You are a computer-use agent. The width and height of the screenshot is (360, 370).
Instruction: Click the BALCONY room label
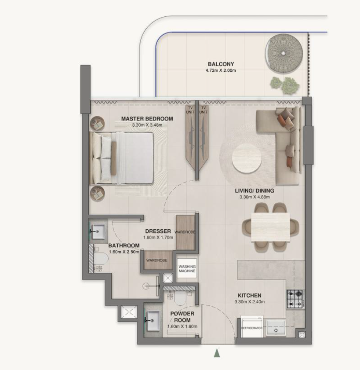click(221, 64)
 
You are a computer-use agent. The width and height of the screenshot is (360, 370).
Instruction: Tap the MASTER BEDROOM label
click(147, 119)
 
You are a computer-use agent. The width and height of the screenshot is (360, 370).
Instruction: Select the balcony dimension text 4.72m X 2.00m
click(221, 70)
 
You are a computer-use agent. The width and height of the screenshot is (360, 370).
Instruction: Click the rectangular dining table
click(270, 227)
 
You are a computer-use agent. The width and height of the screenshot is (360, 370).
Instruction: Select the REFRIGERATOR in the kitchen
click(251, 326)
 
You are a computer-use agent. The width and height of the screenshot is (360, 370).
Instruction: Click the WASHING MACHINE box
click(187, 268)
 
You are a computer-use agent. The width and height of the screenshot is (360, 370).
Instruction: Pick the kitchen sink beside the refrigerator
click(276, 327)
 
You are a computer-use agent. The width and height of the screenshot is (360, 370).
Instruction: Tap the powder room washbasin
click(153, 321)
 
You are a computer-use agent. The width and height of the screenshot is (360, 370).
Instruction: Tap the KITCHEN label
click(249, 296)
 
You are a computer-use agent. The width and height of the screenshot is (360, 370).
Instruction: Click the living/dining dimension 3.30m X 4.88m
click(255, 197)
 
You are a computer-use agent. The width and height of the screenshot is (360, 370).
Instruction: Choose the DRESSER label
click(158, 231)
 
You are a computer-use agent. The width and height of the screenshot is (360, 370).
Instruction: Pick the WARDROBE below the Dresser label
click(157, 260)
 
